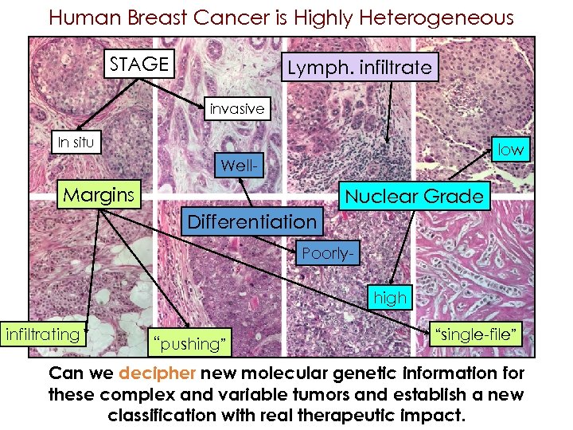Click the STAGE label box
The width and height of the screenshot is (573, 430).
(139, 64)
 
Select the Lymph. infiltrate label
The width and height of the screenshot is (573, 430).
(360, 68)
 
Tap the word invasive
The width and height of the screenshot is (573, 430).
(236, 109)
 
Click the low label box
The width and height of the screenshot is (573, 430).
(510, 149)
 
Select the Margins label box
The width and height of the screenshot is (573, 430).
(99, 194)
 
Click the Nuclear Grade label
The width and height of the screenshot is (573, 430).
(414, 197)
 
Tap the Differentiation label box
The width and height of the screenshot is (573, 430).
(251, 221)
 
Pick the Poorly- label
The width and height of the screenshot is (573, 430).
(326, 254)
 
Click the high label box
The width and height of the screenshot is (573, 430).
(390, 298)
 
